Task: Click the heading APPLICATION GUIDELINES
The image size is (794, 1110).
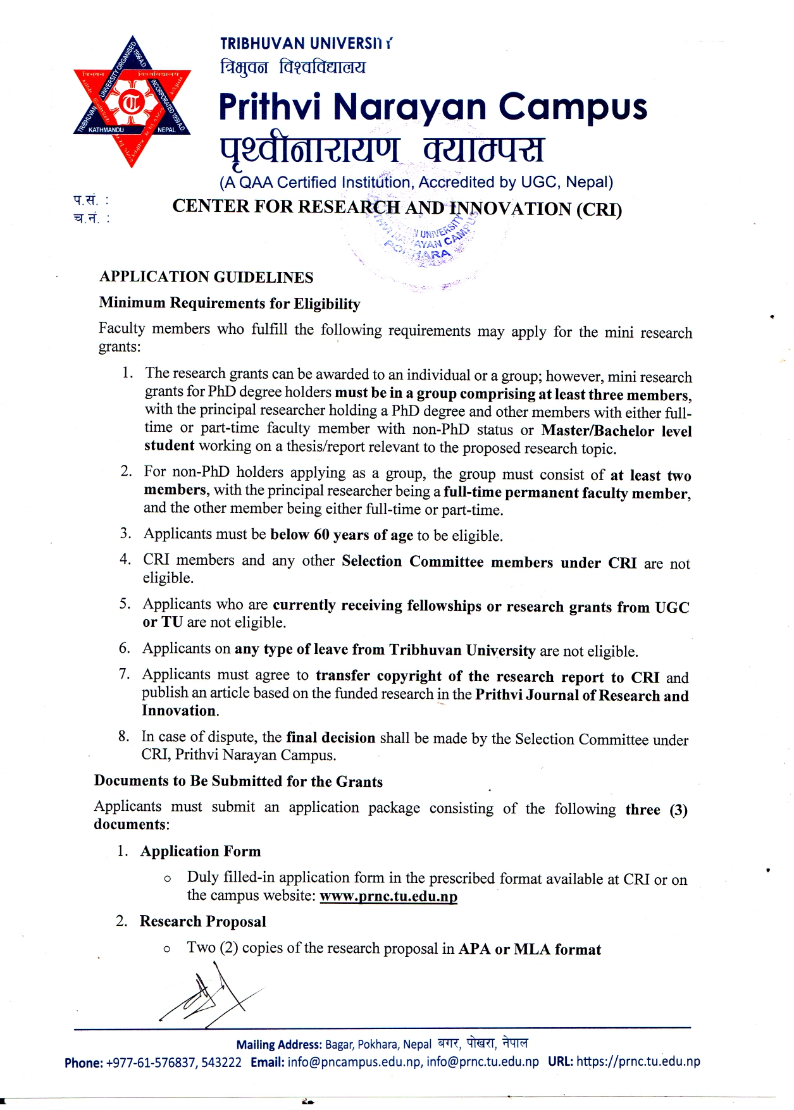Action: pyautogui.click(x=206, y=277)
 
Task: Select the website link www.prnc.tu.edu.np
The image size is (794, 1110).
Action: pyautogui.click(x=388, y=896)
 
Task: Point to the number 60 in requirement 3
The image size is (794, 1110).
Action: pyautogui.click(x=321, y=535)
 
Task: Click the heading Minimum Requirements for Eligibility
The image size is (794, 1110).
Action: pyautogui.click(x=230, y=304)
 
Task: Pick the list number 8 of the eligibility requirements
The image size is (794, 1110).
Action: pyautogui.click(x=123, y=736)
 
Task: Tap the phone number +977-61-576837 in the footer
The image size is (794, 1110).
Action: pyautogui.click(x=151, y=1062)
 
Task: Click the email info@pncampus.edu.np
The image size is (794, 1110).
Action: pyautogui.click(x=354, y=1062)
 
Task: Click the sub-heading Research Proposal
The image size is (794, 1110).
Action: pyautogui.click(x=203, y=922)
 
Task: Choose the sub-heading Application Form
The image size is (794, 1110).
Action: pyautogui.click(x=201, y=851)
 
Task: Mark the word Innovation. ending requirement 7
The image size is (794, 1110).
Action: pyautogui.click(x=180, y=711)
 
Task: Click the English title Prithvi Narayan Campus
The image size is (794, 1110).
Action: pyautogui.click(x=433, y=107)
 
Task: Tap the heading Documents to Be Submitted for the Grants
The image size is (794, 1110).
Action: pyautogui.click(x=239, y=781)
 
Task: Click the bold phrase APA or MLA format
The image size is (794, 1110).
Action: pyautogui.click(x=530, y=949)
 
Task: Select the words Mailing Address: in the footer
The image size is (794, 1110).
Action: pyautogui.click(x=279, y=1045)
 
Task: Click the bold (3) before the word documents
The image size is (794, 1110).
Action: pyautogui.click(x=678, y=810)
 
